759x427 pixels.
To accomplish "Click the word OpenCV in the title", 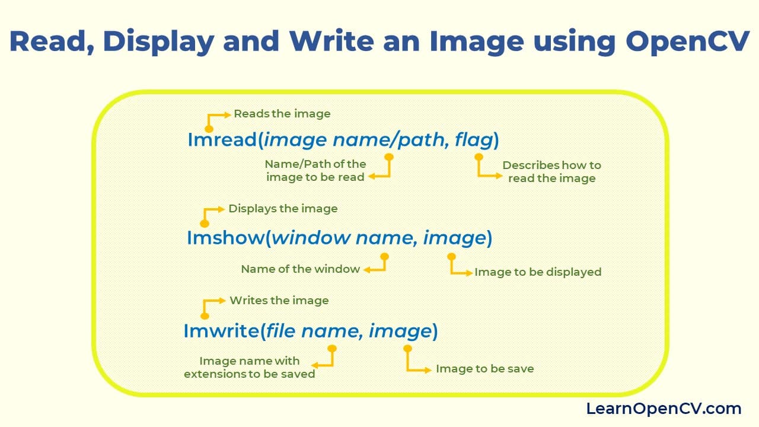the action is pyautogui.click(x=687, y=42).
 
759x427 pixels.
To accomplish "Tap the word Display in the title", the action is pyautogui.click(x=158, y=42).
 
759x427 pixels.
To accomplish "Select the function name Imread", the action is pyautogui.click(x=222, y=139).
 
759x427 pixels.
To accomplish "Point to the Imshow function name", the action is pyautogui.click(x=225, y=237).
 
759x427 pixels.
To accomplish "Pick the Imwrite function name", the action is pyautogui.click(x=221, y=330).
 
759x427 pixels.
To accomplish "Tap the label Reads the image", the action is pyautogui.click(x=282, y=114).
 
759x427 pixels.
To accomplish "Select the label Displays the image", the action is pyautogui.click(x=283, y=209).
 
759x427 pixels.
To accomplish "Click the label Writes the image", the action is pyautogui.click(x=279, y=301).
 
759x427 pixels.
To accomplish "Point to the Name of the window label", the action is pyautogui.click(x=300, y=269).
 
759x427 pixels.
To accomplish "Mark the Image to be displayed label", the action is pyautogui.click(x=538, y=272).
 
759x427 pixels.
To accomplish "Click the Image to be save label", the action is pyautogui.click(x=485, y=369).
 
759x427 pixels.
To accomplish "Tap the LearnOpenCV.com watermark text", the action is pyautogui.click(x=664, y=409).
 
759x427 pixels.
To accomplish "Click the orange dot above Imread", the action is pyautogui.click(x=209, y=129).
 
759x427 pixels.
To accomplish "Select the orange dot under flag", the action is pyautogui.click(x=479, y=157).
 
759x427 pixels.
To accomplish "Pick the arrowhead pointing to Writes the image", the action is pyautogui.click(x=222, y=300).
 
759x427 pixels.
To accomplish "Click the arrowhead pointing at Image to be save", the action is pyautogui.click(x=428, y=369).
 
